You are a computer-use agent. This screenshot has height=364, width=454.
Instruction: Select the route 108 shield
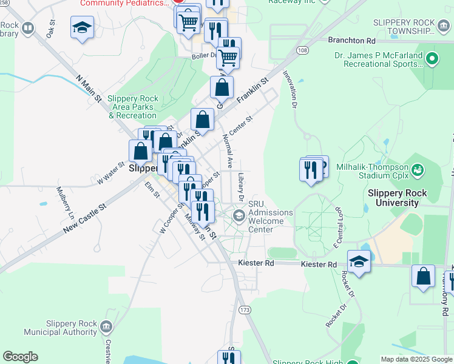(x=302, y=49)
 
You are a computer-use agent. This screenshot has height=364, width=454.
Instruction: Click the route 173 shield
(x=245, y=310)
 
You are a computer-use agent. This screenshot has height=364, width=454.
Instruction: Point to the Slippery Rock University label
(x=398, y=198)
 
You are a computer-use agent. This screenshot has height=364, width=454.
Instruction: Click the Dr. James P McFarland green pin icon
(x=432, y=59)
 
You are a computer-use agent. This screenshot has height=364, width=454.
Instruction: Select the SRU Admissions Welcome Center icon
(x=239, y=215)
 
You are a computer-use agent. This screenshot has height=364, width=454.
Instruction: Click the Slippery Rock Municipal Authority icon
(x=106, y=328)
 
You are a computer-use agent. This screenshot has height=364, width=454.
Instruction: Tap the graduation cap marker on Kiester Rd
(x=359, y=262)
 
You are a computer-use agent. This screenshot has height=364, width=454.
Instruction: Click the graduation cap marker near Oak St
(x=82, y=27)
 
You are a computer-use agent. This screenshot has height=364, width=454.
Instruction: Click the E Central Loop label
(x=339, y=226)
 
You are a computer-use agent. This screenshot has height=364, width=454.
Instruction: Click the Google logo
(x=20, y=357)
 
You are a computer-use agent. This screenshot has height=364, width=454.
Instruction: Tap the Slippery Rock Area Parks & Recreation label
(x=132, y=107)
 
